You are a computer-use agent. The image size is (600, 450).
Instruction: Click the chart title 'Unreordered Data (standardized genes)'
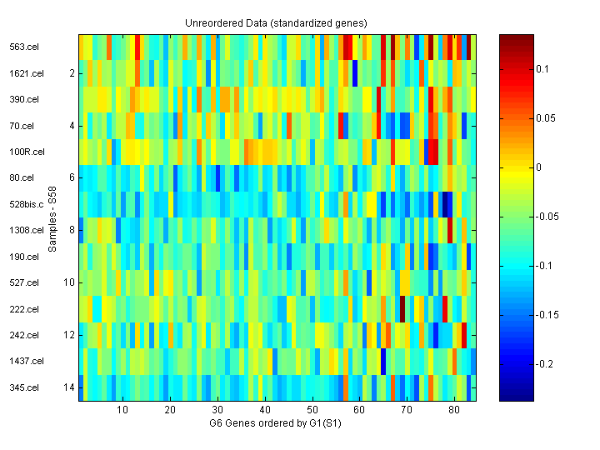276,22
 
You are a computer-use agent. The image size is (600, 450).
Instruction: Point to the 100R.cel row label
27,152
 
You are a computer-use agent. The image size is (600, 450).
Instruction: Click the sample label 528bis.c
26,204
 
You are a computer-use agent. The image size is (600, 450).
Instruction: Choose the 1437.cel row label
26,361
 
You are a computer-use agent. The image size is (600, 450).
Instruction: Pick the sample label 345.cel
24,387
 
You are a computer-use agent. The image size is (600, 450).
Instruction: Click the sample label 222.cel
24,309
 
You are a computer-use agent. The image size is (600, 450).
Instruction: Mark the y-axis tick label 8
71,230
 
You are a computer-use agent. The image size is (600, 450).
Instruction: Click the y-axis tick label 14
68,387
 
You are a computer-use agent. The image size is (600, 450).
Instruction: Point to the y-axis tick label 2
71,73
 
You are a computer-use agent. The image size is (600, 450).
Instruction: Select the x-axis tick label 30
217,411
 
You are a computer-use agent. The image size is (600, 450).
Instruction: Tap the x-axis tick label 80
453,411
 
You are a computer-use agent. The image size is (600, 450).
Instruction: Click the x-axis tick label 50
312,411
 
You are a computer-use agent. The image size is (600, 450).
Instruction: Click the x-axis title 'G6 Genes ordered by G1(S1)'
276,423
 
